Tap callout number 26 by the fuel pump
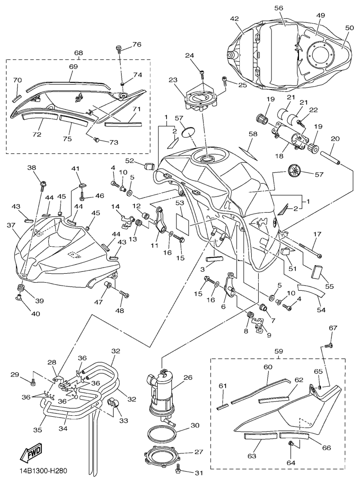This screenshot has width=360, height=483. click(x=188, y=378)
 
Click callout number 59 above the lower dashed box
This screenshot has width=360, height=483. click(x=279, y=351)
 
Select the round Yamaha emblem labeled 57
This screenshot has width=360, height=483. click(x=295, y=171)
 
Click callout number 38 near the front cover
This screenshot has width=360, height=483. click(x=32, y=168)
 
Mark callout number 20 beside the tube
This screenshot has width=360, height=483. click(x=335, y=139)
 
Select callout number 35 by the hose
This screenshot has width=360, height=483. click(x=38, y=430)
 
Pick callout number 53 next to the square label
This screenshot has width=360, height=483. click(x=180, y=203)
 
